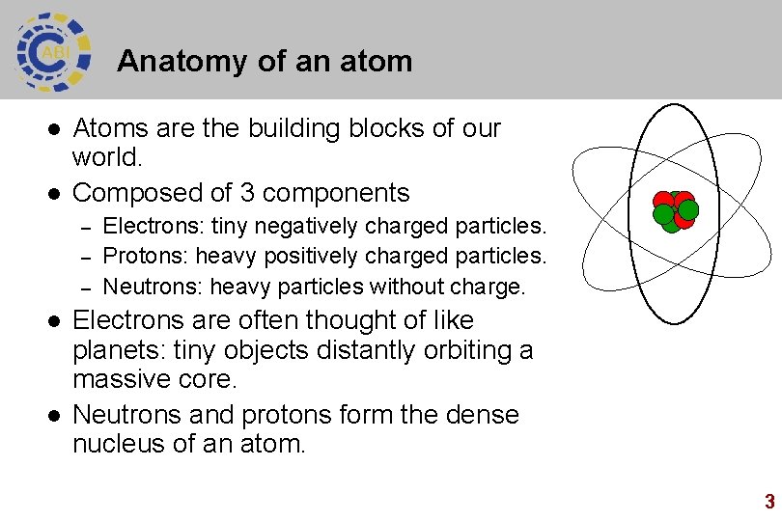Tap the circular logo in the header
tap(53, 50)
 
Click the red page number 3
tap(769, 502)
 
